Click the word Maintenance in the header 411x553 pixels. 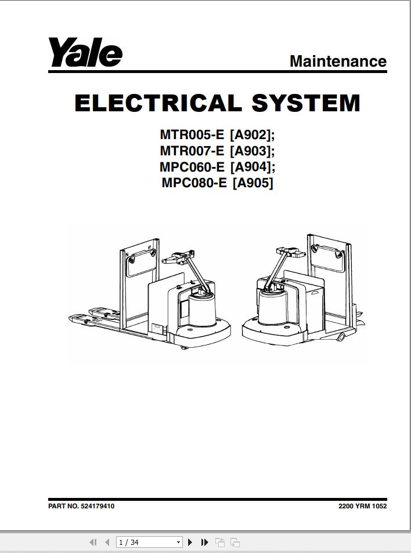point(338,61)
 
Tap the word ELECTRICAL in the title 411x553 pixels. point(156,103)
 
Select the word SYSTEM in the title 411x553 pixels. point(306,103)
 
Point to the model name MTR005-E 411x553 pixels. point(192,135)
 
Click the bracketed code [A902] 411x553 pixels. point(251,135)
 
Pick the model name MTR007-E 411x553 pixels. point(192,151)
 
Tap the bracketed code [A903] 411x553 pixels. point(251,151)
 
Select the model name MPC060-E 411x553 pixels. point(192,168)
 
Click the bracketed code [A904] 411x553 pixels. point(251,168)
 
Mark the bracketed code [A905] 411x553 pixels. point(253,184)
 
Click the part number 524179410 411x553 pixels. point(98,506)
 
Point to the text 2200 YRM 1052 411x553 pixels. point(362,506)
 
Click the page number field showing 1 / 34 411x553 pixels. point(145,543)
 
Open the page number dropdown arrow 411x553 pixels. point(179,543)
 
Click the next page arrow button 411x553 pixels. point(190,543)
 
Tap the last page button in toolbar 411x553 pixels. point(204,543)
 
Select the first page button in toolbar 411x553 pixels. point(93,543)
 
